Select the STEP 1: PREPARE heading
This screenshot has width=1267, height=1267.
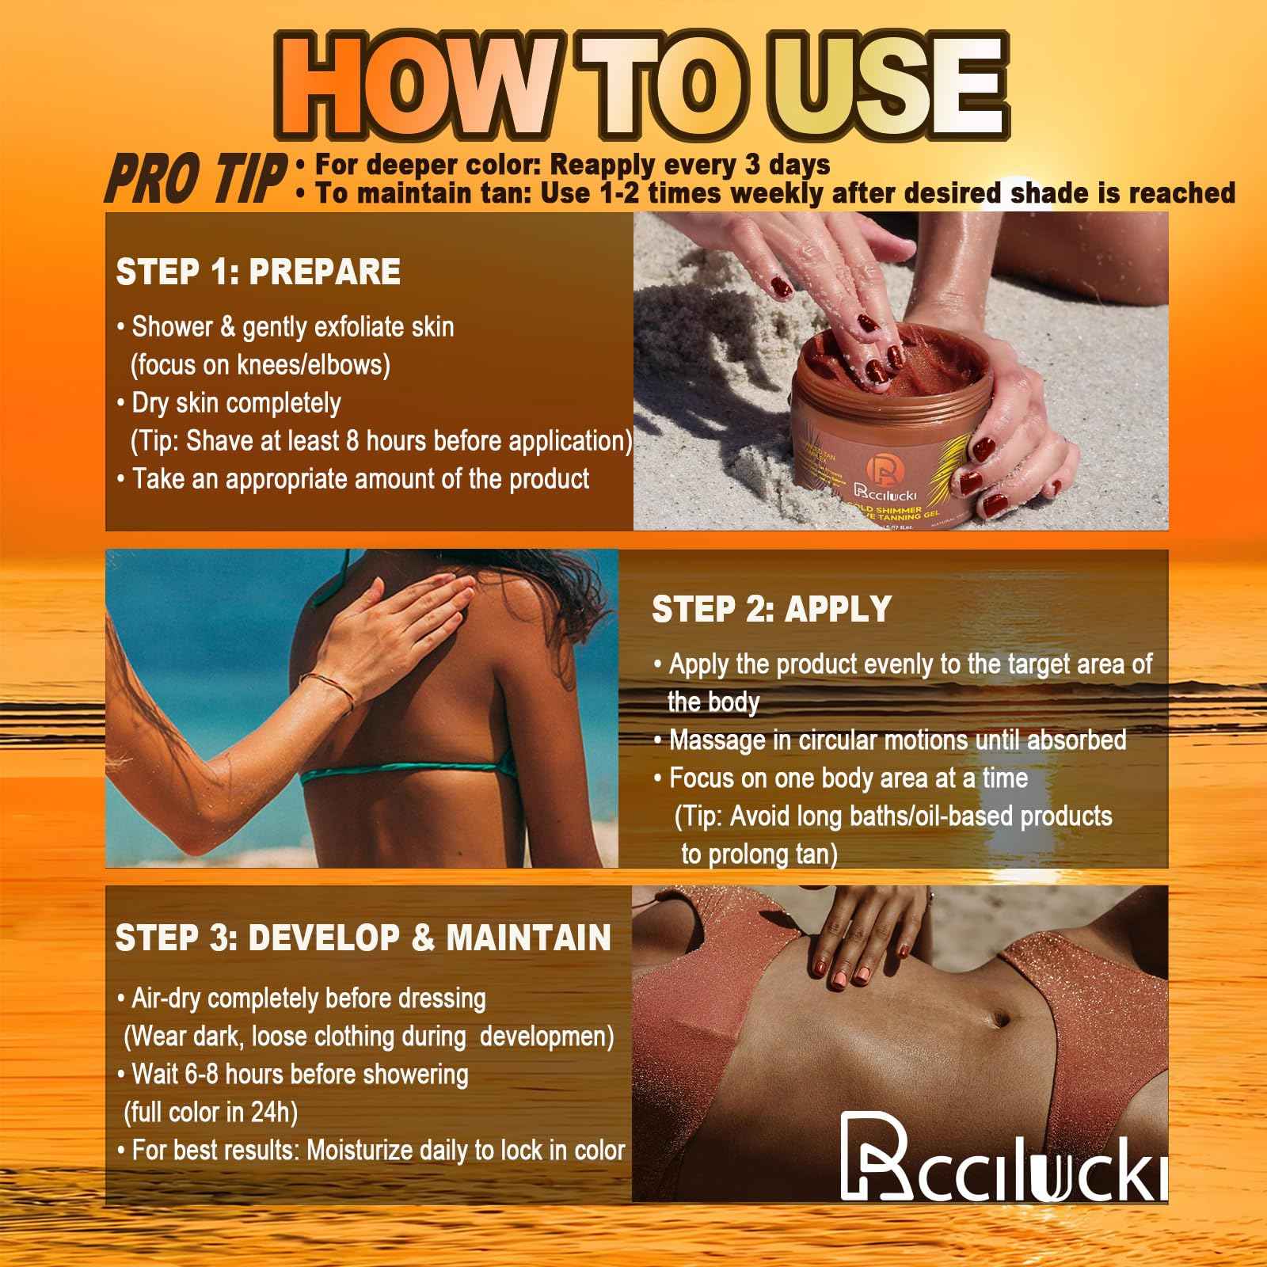pos(258,272)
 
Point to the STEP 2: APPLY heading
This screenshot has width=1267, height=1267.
pos(771,609)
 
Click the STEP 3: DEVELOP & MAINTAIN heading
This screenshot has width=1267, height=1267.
pos(363,938)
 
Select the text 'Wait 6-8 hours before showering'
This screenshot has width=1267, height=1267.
pos(293,1075)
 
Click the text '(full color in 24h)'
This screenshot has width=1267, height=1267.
pos(211,1113)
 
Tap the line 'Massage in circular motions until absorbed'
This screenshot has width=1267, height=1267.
pos(890,740)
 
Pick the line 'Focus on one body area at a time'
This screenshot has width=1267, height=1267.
pos(841,778)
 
